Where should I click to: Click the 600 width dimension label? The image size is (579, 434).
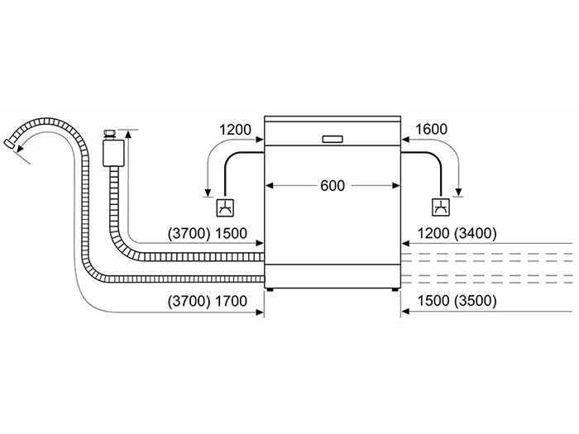coord(332,186)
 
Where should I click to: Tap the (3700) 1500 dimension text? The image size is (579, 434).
coord(206,234)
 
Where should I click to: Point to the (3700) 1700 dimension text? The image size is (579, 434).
coord(206,301)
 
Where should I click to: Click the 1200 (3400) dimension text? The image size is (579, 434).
coord(456,234)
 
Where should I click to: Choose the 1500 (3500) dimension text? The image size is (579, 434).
coord(456,301)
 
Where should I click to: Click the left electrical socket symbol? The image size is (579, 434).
coord(224,208)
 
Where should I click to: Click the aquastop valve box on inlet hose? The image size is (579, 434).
coord(112,152)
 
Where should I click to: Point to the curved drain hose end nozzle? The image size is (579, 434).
coord(12,145)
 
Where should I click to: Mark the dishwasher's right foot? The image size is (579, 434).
coord(393,290)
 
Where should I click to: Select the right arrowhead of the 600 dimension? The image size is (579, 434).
coord(395,186)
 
